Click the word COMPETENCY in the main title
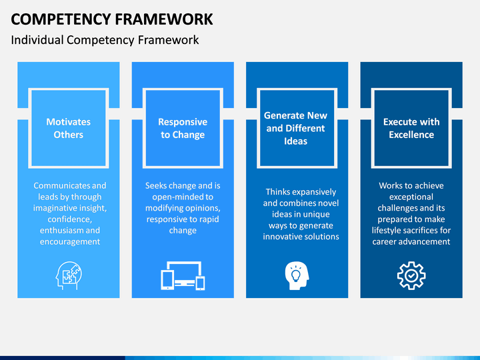pyautogui.click(x=61, y=19)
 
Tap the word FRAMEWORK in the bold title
pyautogui.click(x=164, y=19)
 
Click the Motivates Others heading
pyautogui.click(x=69, y=128)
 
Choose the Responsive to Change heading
pyautogui.click(x=183, y=128)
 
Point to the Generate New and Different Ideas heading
pyautogui.click(x=296, y=128)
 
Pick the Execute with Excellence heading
pyautogui.click(x=411, y=128)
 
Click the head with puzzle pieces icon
pyautogui.click(x=69, y=275)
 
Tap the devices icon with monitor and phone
pyautogui.click(x=183, y=275)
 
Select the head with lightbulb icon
pyautogui.click(x=297, y=275)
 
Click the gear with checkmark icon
pyautogui.click(x=411, y=275)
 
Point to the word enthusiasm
pyautogui.click(x=57, y=231)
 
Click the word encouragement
pyautogui.click(x=70, y=242)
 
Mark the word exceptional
pyautogui.click(x=411, y=197)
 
